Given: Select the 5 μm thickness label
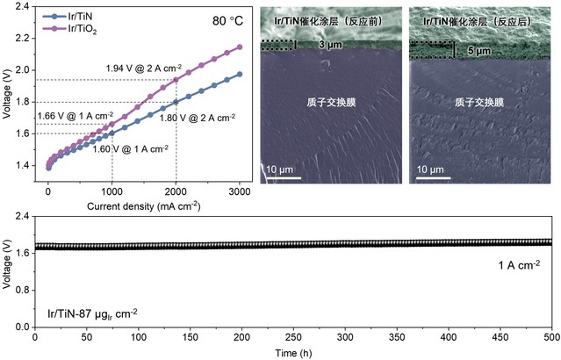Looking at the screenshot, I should (x=476, y=51).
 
